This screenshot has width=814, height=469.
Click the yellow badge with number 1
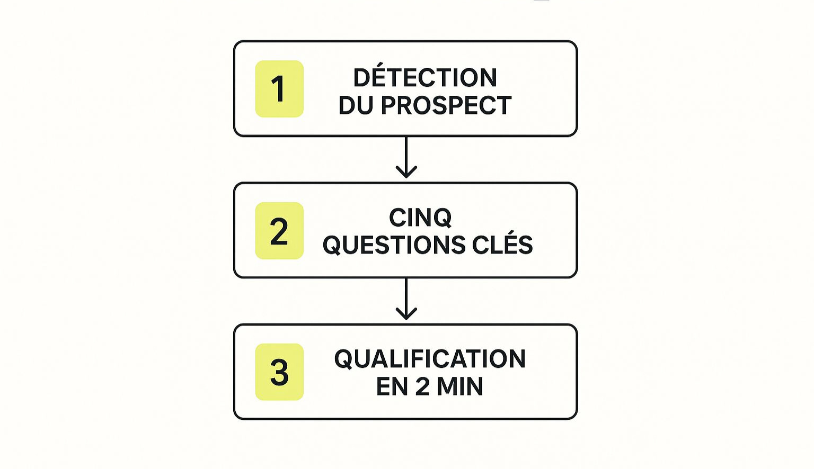coord(279,89)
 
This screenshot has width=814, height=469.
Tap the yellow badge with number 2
coord(279,230)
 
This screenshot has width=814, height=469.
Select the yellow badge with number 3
coord(279,372)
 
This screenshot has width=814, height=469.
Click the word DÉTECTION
coord(425,75)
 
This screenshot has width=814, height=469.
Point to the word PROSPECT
coord(446,105)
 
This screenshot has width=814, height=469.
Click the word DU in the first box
coord(356,105)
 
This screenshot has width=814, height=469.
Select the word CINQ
coord(420,218)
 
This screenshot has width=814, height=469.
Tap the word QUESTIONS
coord(394,245)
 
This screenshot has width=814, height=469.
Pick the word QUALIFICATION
coord(430,359)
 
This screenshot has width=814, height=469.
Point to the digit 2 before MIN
coord(422,386)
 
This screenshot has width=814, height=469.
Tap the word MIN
coord(460,386)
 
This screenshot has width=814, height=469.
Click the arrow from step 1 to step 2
coord(406,157)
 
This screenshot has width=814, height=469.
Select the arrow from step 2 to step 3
coord(406,299)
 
